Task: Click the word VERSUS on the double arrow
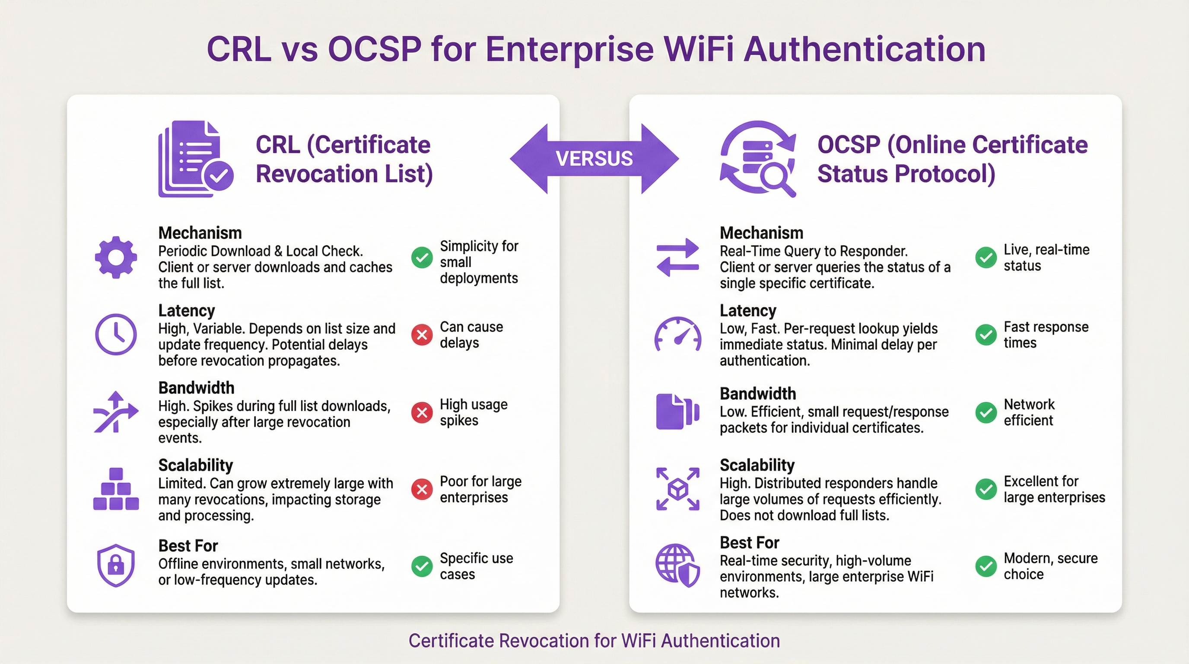(594, 159)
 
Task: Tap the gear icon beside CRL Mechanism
(116, 258)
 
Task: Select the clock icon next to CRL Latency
(116, 334)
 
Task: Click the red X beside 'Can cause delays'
(421, 335)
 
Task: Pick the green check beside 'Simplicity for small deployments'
(421, 257)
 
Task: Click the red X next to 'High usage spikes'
(421, 412)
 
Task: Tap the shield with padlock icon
(116, 565)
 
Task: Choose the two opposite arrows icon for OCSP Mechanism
(677, 258)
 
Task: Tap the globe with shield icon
(677, 565)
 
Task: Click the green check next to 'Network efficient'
(986, 412)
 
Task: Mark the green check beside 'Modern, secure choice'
(986, 566)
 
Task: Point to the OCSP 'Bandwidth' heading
(757, 394)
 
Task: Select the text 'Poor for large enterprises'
(480, 489)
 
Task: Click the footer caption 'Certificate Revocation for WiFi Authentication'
(594, 641)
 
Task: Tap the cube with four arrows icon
(677, 489)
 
